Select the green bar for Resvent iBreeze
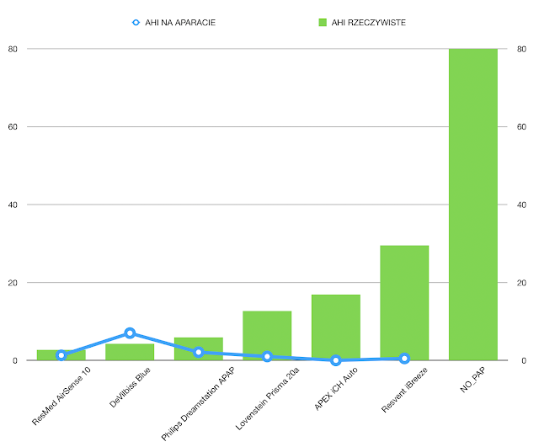tap(404, 303)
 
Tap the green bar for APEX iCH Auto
tap(336, 327)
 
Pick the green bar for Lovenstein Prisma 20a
tap(267, 336)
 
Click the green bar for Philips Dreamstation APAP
tap(199, 349)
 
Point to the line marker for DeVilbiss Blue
tap(130, 333)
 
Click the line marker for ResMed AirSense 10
tap(61, 355)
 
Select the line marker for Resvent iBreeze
tap(404, 358)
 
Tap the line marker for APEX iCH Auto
tap(336, 360)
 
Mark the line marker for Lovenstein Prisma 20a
tap(267, 357)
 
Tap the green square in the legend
tap(322, 23)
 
